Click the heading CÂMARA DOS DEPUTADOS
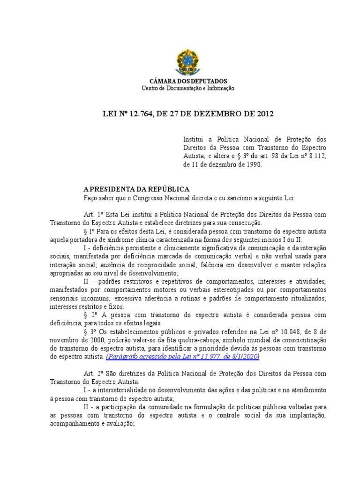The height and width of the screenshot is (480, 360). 187,82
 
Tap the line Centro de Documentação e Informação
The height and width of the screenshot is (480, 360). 187,88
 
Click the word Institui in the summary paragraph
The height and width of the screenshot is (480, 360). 192,140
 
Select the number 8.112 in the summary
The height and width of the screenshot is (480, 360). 316,157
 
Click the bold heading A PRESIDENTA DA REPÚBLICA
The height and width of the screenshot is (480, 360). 136,189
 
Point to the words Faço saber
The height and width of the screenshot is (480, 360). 99,197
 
